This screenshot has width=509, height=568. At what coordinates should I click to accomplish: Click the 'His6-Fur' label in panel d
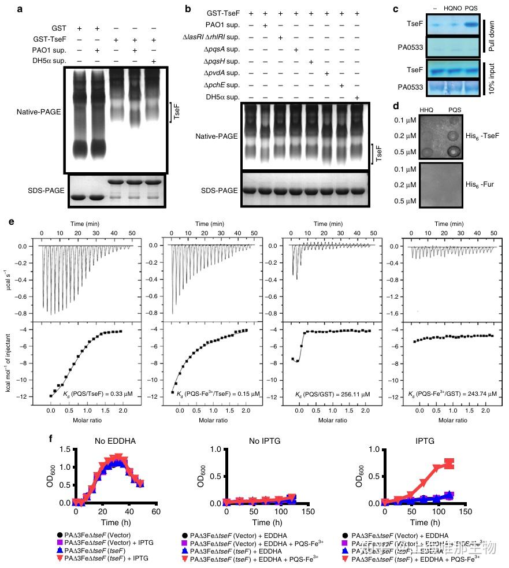point(482,185)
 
